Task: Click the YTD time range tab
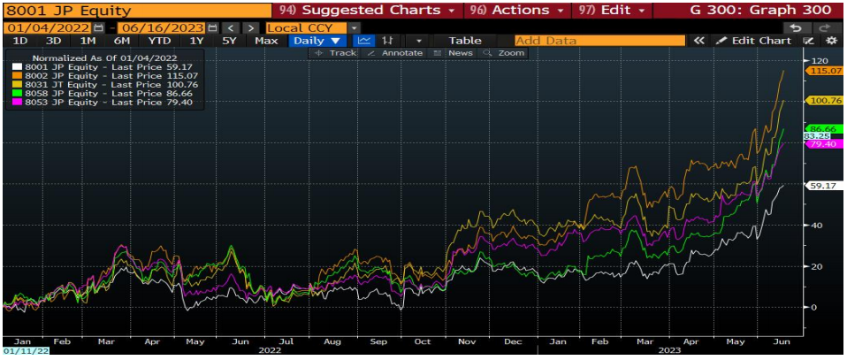coord(160,41)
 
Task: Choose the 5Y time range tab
coord(229,41)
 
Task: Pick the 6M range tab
coord(122,41)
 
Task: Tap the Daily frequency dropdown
coord(317,41)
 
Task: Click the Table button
coord(465,41)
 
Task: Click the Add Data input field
coord(599,41)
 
